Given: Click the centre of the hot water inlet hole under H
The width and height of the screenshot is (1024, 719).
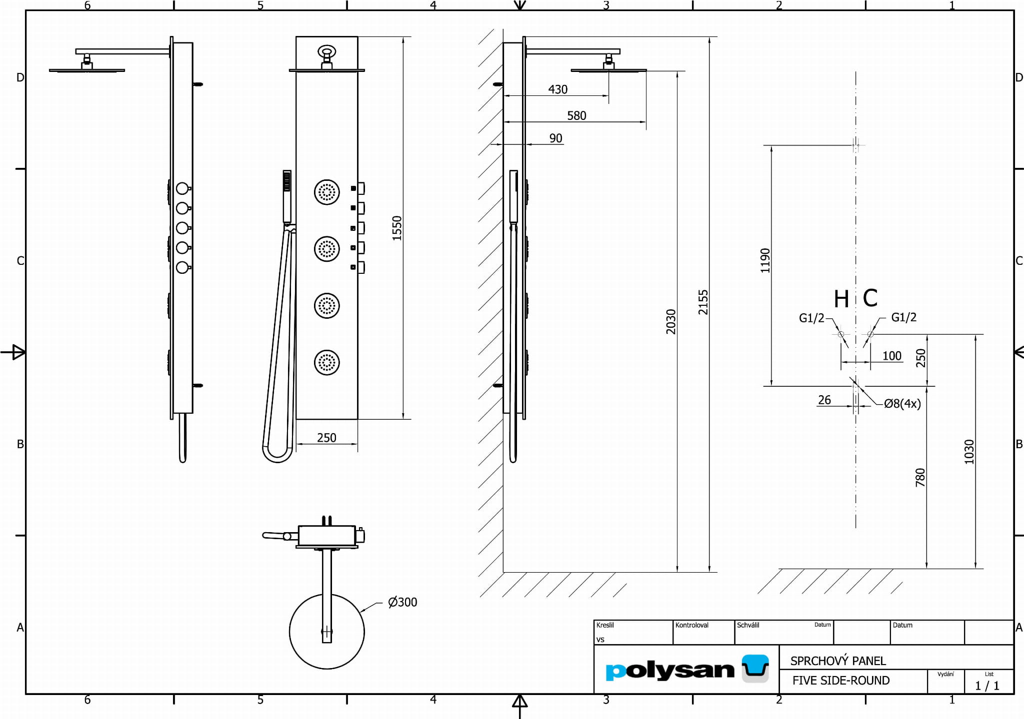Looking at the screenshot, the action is pos(841,334).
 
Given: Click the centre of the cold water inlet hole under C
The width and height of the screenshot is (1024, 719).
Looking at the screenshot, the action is pos(870,334).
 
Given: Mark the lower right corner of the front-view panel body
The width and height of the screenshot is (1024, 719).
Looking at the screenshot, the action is pos(357,419).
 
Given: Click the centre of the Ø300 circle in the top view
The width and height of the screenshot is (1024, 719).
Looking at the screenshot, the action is pos(327,632).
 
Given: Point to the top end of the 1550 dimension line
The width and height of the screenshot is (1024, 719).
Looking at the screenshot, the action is pos(403,36).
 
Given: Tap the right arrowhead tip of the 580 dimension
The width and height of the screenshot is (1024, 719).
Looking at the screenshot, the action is pos(646,121).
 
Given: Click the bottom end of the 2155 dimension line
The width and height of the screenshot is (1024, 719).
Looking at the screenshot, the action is pos(709,572).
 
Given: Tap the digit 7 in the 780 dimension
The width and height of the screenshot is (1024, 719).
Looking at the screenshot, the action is pos(920,483).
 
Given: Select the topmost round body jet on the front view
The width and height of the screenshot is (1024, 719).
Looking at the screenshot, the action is pos(327,192).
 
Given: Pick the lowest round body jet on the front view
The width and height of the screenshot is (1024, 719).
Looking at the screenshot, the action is pos(327,363).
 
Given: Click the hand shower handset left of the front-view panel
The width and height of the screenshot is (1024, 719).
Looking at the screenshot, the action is pos(287,196).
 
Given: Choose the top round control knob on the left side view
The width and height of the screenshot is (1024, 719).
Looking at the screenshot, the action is pos(182,188).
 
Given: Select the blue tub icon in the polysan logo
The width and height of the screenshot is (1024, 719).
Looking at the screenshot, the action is pos(755,668).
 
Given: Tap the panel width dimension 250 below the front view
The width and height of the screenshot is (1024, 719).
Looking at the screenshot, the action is pos(326,438).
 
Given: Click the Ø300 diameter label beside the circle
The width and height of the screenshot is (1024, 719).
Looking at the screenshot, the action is pos(402,602).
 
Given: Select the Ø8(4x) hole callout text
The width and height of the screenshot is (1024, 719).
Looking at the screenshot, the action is pos(902,404).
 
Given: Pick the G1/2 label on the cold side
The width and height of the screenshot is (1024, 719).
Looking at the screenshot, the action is pos(904,317).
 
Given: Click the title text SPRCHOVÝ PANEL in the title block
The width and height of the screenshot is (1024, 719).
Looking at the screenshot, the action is pos(838,661).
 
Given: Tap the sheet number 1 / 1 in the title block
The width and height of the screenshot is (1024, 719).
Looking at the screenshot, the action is pos(987,686).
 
